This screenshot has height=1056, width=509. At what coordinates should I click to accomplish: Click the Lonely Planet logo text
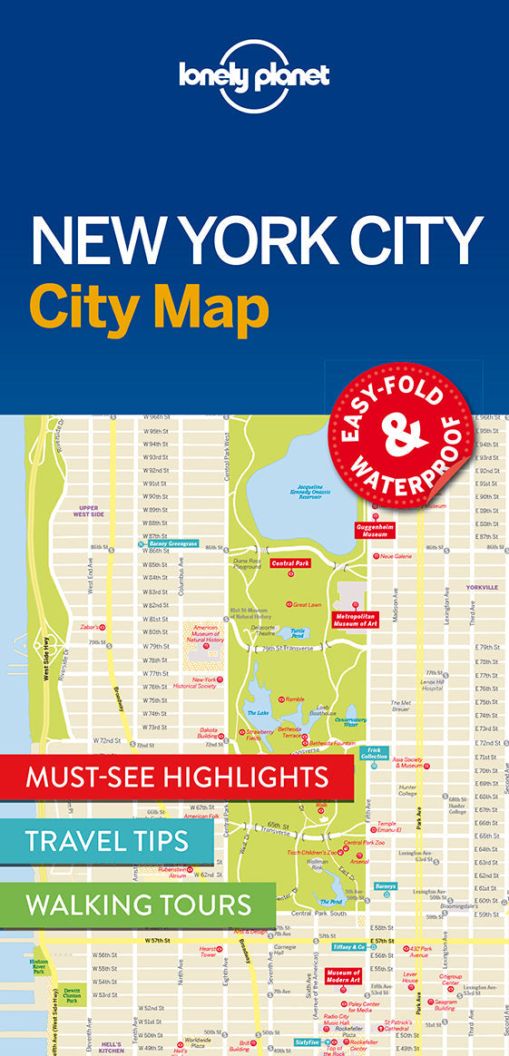click(254, 75)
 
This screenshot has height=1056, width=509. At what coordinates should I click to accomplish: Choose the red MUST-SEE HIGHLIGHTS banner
click(177, 777)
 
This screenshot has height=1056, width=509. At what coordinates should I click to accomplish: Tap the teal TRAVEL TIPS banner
click(107, 841)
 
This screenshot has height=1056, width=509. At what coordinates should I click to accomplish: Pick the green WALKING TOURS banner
click(138, 904)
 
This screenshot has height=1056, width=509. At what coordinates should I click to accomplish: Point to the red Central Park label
click(290, 563)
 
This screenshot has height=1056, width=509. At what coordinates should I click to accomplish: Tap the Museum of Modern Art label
click(344, 976)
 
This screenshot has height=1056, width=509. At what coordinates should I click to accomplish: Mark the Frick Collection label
click(374, 753)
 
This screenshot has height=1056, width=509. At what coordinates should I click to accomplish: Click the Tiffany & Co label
click(347, 947)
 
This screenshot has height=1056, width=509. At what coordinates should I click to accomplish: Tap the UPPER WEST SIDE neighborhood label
click(91, 512)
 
